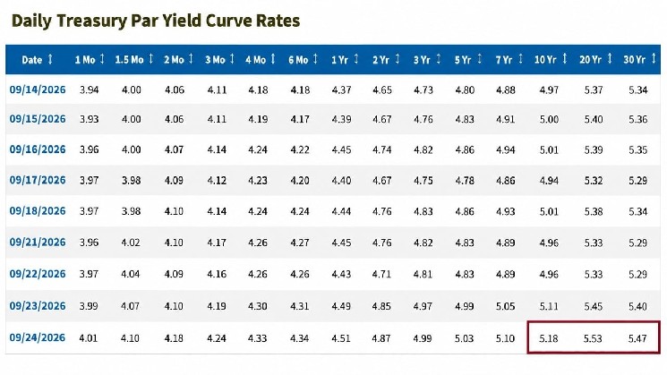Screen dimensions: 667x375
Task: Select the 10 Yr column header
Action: (545, 60)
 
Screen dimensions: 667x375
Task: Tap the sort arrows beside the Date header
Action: (50, 59)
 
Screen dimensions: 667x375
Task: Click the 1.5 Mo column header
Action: (129, 60)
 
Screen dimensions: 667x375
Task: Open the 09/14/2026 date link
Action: (38, 89)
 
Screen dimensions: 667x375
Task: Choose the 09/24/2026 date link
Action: (38, 337)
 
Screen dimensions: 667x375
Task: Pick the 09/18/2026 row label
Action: (38, 211)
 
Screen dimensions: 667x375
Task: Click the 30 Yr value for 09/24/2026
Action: (637, 338)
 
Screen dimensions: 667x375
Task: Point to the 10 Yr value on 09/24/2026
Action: (548, 338)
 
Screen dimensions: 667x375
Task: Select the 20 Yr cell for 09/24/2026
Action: (593, 338)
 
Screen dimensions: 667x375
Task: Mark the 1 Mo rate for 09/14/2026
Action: (89, 90)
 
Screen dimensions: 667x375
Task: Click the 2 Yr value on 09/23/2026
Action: (381, 306)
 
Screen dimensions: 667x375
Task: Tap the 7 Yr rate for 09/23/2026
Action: (505, 306)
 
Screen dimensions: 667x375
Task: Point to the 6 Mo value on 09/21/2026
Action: (299, 243)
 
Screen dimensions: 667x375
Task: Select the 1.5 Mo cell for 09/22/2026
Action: (130, 274)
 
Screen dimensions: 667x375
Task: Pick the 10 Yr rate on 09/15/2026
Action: (549, 119)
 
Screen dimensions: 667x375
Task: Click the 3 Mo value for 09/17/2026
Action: (217, 181)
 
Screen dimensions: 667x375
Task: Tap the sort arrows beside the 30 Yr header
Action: (654, 59)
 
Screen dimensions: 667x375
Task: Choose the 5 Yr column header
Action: (463, 60)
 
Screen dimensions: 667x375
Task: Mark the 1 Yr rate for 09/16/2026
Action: (341, 150)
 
